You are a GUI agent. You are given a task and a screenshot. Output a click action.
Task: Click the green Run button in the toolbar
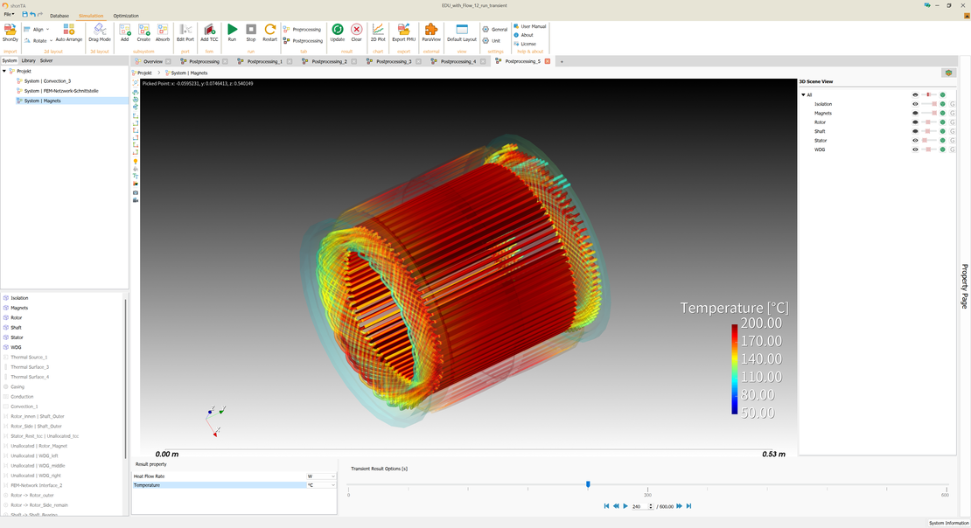pyautogui.click(x=232, y=31)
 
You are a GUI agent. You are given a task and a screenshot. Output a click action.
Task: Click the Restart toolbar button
pyautogui.click(x=270, y=31)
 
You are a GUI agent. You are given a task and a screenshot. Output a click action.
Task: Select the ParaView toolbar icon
pyautogui.click(x=431, y=31)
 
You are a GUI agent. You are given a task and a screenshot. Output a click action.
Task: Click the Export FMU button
pyautogui.click(x=403, y=31)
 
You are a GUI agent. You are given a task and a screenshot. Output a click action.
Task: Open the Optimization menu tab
pyautogui.click(x=126, y=16)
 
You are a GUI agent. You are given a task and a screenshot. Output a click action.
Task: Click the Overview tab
pyautogui.click(x=152, y=62)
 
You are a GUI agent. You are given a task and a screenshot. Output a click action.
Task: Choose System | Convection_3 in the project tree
pyautogui.click(x=47, y=81)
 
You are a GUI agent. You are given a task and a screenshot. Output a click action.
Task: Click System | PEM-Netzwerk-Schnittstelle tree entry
pyautogui.click(x=61, y=91)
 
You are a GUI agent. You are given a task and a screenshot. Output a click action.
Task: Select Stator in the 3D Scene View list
pyautogui.click(x=821, y=141)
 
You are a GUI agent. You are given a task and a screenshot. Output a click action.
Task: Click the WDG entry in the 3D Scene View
pyautogui.click(x=820, y=149)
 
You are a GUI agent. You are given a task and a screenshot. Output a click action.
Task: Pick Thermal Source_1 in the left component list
pyautogui.click(x=29, y=358)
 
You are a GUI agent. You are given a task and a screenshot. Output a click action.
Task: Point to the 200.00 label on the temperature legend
pyautogui.click(x=761, y=323)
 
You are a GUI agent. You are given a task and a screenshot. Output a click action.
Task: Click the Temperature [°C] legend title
pyautogui.click(x=734, y=308)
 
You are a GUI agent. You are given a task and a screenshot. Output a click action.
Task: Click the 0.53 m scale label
pyautogui.click(x=773, y=455)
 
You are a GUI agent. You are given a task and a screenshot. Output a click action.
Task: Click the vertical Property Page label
pyautogui.click(x=965, y=286)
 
